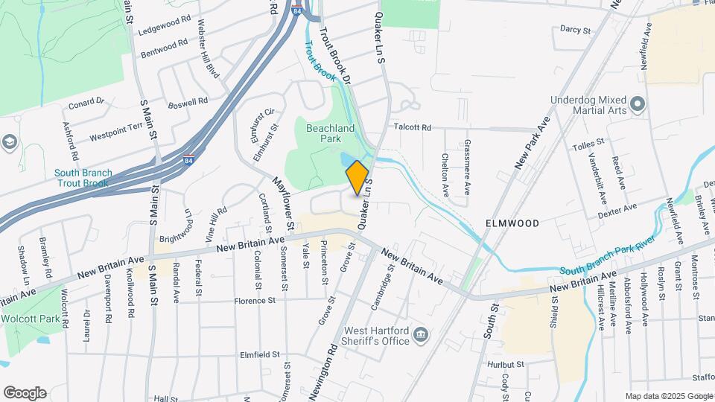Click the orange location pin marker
tap(357, 177)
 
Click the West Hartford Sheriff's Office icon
tap(421, 335)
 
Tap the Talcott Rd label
tap(413, 127)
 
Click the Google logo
tap(25, 393)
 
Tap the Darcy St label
tap(574, 30)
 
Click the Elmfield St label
tap(259, 355)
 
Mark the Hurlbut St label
tap(506, 364)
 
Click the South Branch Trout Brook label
tap(83, 178)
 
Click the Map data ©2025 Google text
tap(668, 396)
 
